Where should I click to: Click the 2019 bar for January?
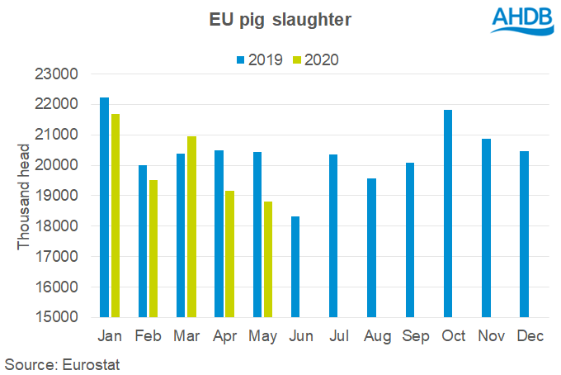click(104, 207)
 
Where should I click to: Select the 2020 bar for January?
click(115, 216)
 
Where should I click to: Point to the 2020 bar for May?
click(268, 259)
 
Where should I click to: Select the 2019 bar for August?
click(371, 248)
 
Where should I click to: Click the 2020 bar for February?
click(153, 249)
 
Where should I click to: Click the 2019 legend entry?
click(260, 59)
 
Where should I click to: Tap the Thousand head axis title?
click(24, 197)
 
